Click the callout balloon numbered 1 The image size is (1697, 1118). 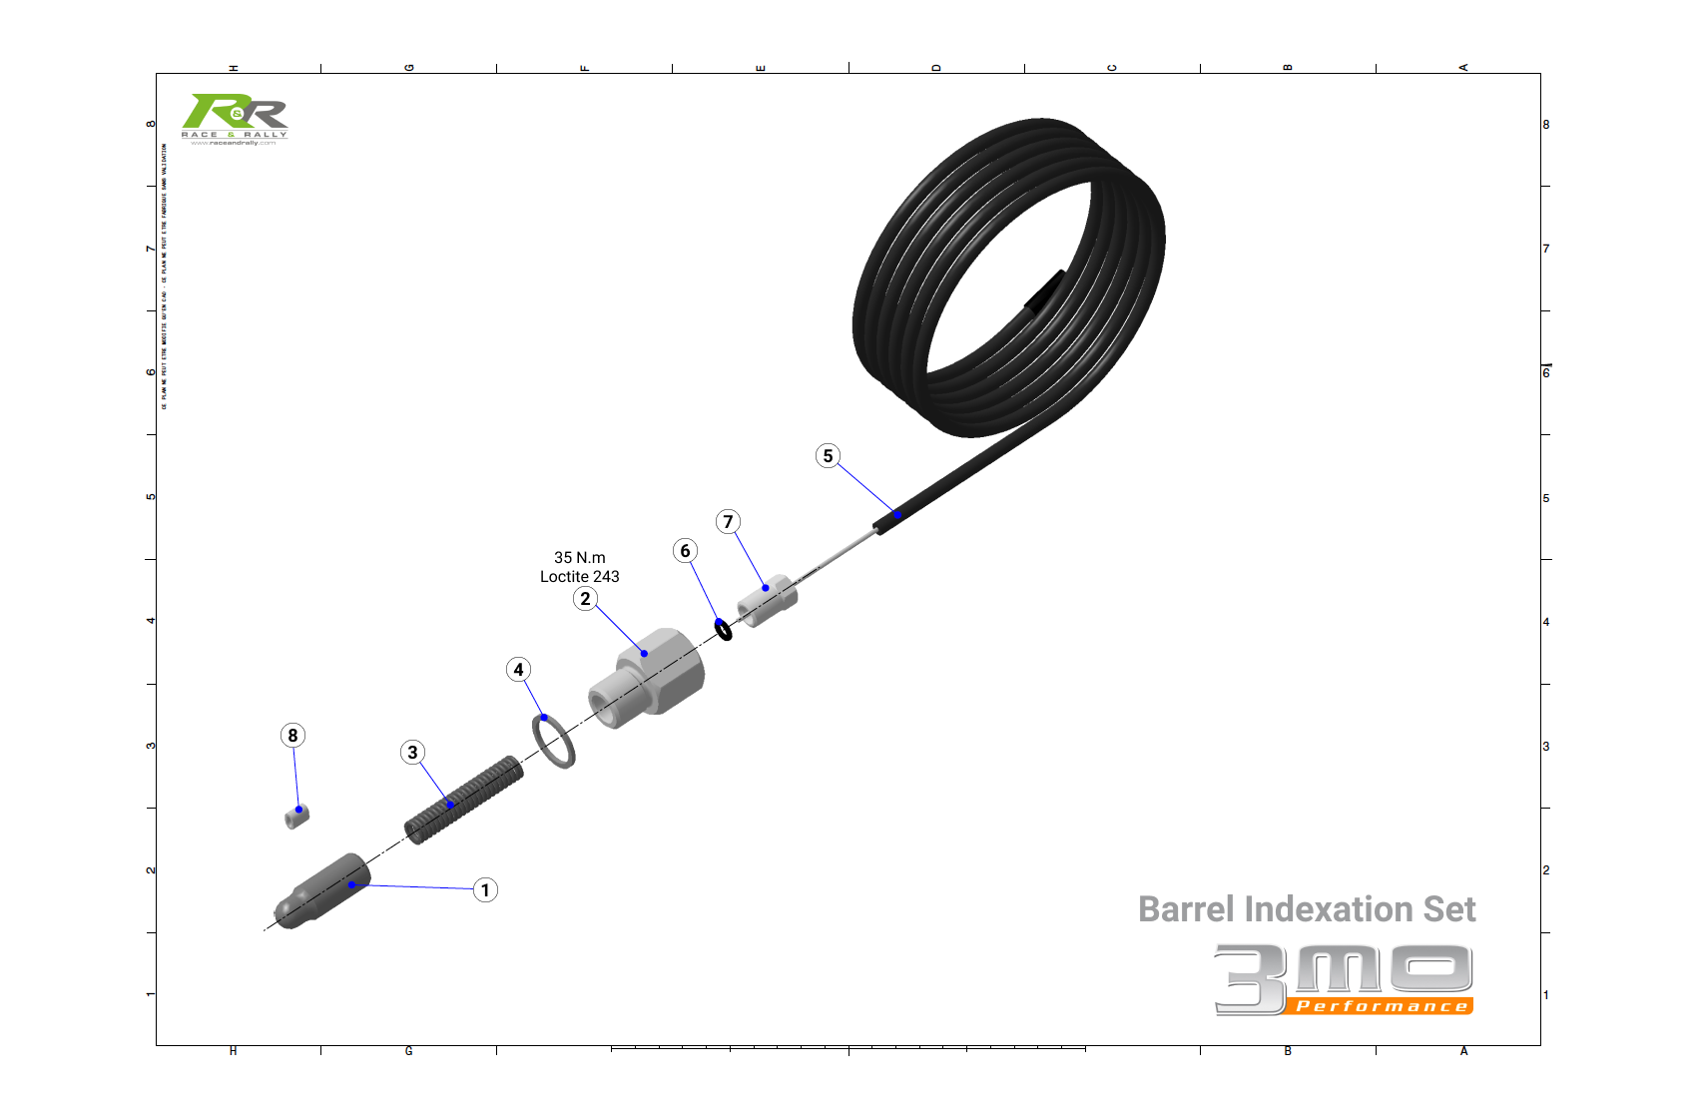tap(485, 890)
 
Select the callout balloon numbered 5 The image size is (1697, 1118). tap(828, 456)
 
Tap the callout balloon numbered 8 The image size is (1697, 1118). tap(292, 736)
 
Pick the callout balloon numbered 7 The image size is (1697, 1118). tap(728, 521)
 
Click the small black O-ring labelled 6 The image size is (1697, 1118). tap(724, 630)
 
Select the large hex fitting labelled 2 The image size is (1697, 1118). tap(649, 675)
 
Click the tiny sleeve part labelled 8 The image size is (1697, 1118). tap(296, 816)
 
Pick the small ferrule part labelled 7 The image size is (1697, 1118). tap(768, 601)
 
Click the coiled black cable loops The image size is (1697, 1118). tap(1008, 279)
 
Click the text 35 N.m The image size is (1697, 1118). tap(580, 558)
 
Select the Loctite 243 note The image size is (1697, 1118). tap(580, 577)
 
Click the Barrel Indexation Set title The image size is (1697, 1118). tap(1307, 909)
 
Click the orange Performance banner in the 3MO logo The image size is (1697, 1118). tap(1381, 1006)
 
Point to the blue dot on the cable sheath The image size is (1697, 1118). tap(897, 515)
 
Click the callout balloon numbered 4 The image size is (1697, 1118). tap(518, 670)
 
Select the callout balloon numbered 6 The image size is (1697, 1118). tap(685, 551)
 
